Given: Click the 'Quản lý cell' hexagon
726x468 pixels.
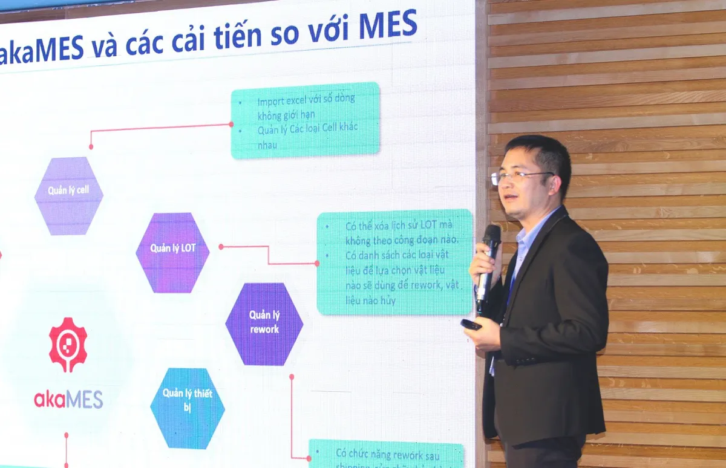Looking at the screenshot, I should (68, 195).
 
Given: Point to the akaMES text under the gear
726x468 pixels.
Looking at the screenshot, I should (68, 399).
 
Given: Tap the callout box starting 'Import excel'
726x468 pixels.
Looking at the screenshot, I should (305, 120).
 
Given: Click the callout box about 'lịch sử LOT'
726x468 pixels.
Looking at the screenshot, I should (395, 262).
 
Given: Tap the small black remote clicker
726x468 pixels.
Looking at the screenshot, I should (471, 325).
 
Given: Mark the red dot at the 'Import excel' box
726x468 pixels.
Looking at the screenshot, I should (231, 125).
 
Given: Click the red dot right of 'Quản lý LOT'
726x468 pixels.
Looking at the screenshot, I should (221, 247).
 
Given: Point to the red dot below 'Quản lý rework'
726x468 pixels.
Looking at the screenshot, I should (291, 376).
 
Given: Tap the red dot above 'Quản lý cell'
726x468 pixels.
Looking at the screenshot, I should (91, 146).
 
